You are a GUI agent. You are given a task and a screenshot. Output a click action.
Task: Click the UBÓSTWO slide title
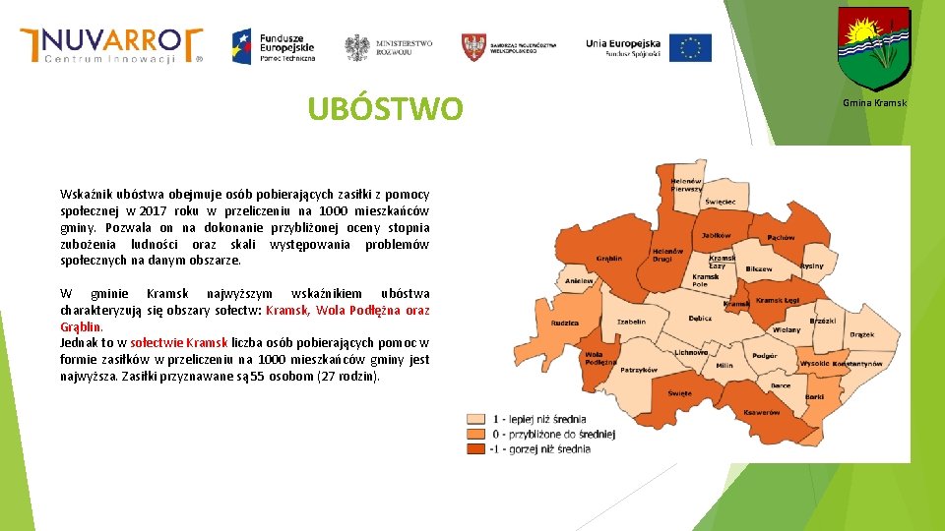point(384,109)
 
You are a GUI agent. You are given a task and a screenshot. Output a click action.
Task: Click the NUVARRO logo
point(111,45)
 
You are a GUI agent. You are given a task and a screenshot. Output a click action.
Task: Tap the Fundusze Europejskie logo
point(273,45)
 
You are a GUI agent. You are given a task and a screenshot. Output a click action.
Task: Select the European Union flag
point(690,47)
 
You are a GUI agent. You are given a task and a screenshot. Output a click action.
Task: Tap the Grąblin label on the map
point(608,259)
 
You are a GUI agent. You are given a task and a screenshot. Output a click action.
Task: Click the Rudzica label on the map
point(564,323)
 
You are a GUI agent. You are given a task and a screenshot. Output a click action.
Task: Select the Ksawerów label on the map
point(762,412)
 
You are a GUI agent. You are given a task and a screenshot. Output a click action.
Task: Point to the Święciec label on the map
point(720,202)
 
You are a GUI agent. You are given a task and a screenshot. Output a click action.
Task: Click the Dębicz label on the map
point(700,318)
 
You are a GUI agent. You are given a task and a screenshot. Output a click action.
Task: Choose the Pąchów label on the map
point(781,237)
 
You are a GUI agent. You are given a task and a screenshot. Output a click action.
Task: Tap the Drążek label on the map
point(861,334)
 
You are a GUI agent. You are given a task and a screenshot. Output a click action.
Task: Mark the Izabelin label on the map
point(631,322)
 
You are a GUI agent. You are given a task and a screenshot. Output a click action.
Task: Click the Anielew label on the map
point(579,281)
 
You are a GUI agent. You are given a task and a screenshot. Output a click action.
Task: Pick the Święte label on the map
point(679,392)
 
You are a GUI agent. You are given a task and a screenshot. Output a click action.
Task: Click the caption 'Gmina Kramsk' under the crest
point(874,103)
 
